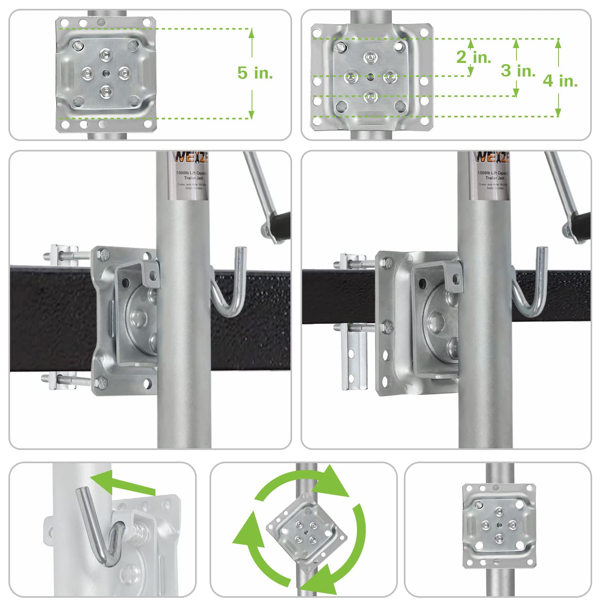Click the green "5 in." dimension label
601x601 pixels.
[x=255, y=73]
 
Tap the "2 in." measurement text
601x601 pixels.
[x=474, y=57]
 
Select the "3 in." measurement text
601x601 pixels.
[x=518, y=71]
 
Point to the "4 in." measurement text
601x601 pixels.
[x=560, y=81]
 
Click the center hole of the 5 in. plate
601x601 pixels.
[x=105, y=73]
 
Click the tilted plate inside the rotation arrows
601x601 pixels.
[x=307, y=528]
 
